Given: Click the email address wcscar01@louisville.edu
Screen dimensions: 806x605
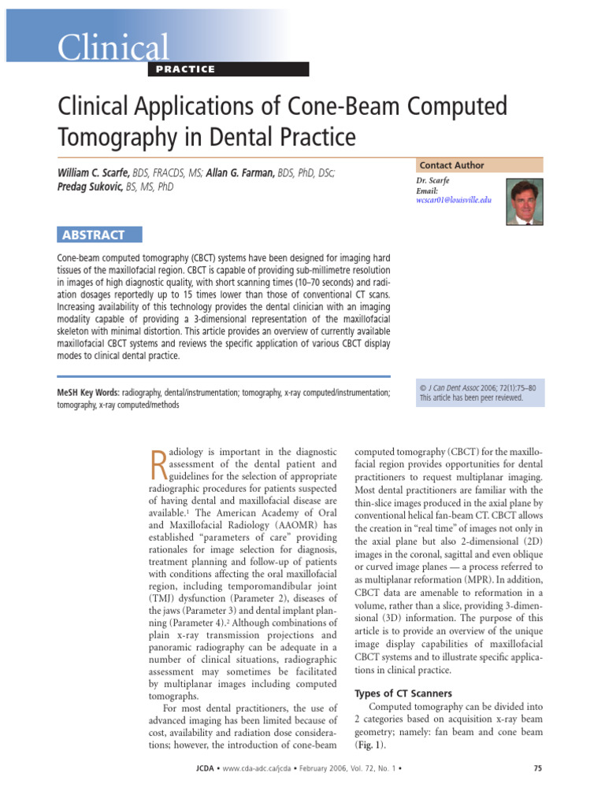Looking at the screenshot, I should [453, 201].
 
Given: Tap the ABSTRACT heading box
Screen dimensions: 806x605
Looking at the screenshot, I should [100, 235].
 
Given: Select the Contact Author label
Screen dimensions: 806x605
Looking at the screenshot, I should [451, 165].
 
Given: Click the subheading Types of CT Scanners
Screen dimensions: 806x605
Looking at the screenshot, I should [403, 693].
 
